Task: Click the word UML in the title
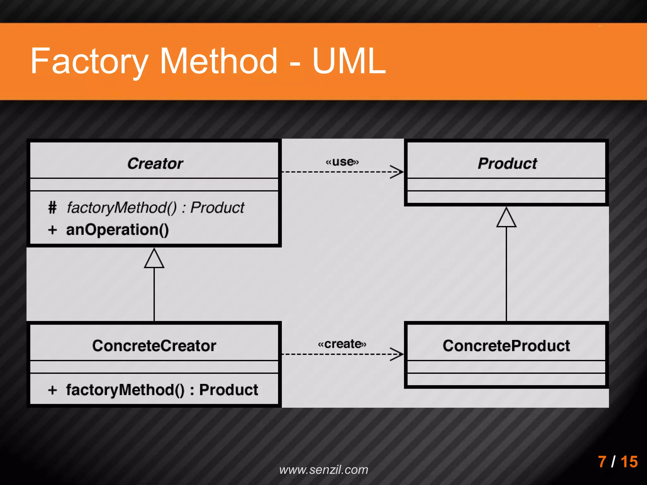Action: coord(349,61)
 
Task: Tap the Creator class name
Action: coord(155,164)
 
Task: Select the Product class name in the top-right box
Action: coord(507,164)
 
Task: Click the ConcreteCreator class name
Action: coord(154,346)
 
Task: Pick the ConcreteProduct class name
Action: coord(506,346)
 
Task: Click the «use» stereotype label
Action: coord(342,162)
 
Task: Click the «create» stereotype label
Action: coord(342,344)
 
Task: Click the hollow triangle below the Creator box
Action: coord(154,260)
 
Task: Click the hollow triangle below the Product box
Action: coord(506,219)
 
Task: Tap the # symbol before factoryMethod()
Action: coord(52,208)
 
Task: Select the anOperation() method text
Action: coord(117,230)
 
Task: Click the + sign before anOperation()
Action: coord(52,230)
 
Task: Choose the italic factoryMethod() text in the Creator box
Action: coord(122,208)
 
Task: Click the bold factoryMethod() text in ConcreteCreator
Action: coord(125,390)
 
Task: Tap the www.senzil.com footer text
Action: coord(323,470)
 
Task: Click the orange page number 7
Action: coord(602,462)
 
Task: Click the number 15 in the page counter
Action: coord(629,462)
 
